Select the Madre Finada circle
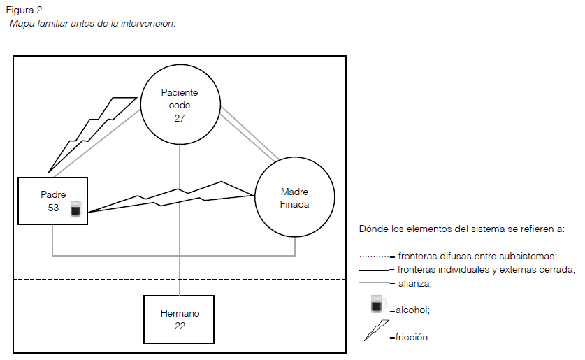click(294, 199)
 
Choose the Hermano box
click(179, 319)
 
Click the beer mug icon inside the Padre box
click(75, 208)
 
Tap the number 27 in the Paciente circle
click(180, 118)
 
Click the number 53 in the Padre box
click(53, 208)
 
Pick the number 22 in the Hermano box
click(180, 326)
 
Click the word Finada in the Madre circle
click(294, 205)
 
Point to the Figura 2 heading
click(24, 10)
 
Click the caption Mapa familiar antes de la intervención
click(92, 24)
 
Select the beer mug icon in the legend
click(377, 305)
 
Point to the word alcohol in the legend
click(412, 309)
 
